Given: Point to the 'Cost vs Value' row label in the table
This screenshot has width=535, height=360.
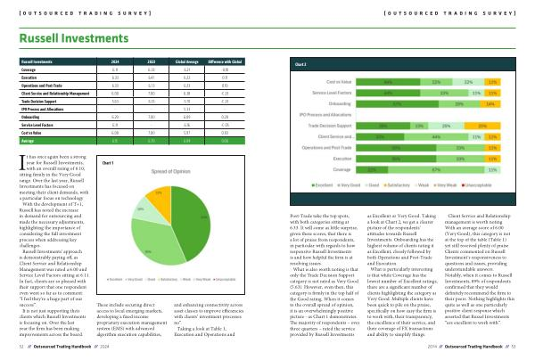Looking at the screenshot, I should (x=32, y=133).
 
